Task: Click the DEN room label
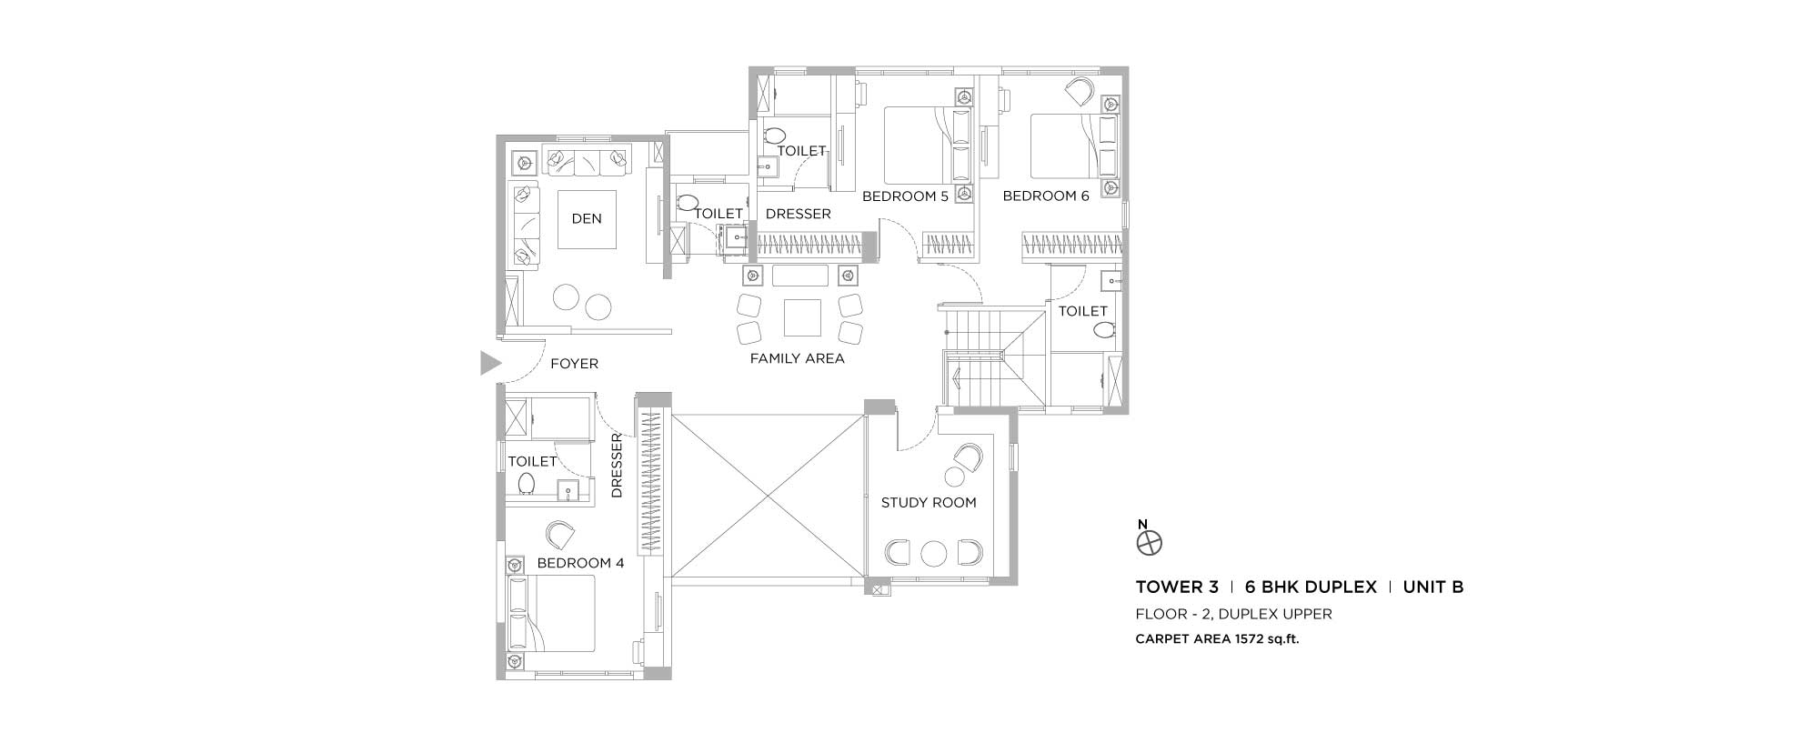point(587,218)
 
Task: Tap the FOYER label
point(575,364)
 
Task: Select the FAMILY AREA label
point(797,358)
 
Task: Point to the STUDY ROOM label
point(929,502)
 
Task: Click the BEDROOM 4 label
point(580,563)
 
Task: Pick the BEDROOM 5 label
point(905,196)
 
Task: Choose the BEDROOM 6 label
point(1046,196)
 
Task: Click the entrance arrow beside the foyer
point(491,363)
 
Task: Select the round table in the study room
point(934,553)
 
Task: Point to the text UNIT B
point(1433,587)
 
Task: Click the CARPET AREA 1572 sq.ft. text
point(1217,639)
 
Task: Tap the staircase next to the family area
point(992,356)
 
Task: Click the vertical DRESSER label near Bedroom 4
point(617,466)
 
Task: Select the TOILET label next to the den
point(719,214)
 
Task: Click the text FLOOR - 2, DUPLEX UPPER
point(1233,614)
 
